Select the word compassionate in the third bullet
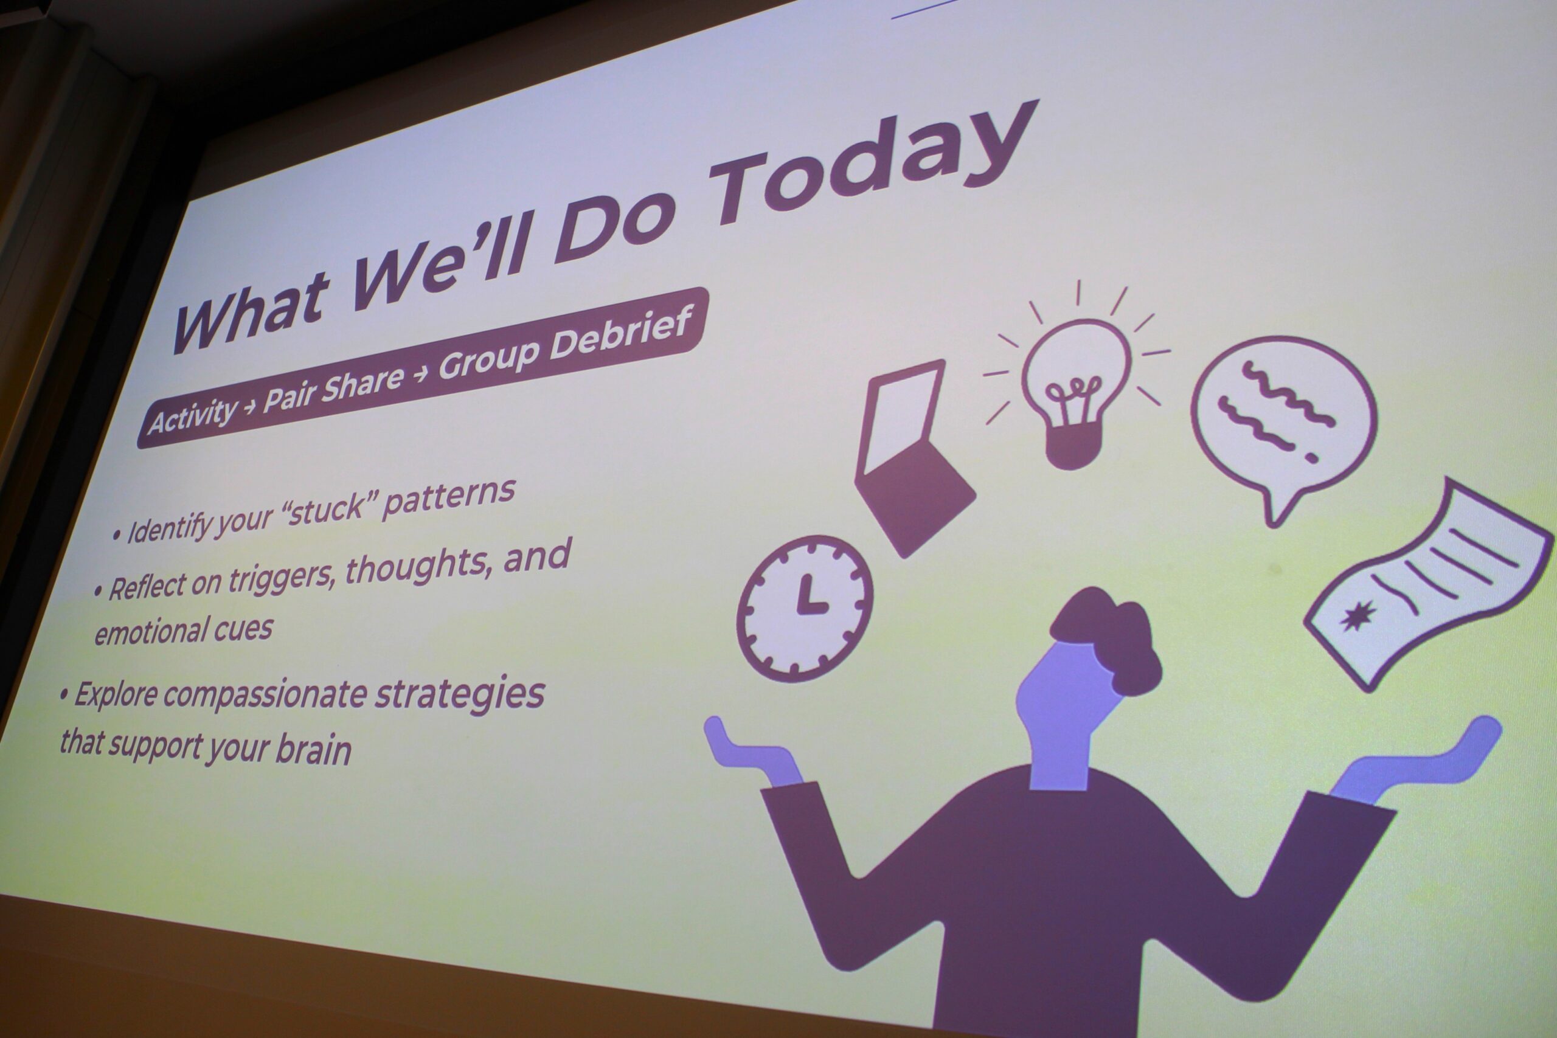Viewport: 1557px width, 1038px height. pyautogui.click(x=265, y=695)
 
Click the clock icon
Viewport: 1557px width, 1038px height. pyautogui.click(x=804, y=607)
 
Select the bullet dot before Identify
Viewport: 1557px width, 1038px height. pyautogui.click(x=117, y=535)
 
